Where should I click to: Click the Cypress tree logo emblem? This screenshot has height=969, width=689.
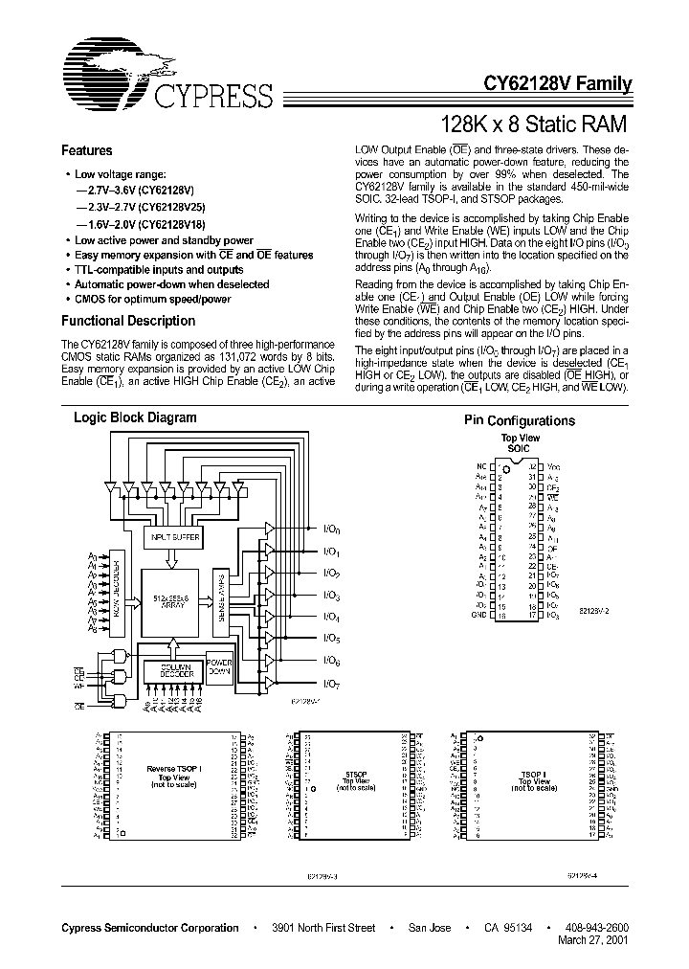[x=105, y=73]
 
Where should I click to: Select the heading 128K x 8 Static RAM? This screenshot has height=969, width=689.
[x=532, y=124]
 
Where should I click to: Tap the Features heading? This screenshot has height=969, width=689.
[x=86, y=150]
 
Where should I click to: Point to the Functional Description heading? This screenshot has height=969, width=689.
[x=128, y=322]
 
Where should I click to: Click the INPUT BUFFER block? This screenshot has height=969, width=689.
[x=173, y=540]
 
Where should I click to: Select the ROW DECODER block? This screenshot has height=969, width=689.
[x=119, y=595]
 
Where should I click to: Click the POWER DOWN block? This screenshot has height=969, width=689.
[x=220, y=668]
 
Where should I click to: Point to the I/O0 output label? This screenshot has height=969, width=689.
[x=332, y=530]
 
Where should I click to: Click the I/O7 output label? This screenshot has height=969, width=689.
[x=332, y=683]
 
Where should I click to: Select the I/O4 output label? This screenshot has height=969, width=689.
[x=332, y=617]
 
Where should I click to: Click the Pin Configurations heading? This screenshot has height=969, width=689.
[x=520, y=421]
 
